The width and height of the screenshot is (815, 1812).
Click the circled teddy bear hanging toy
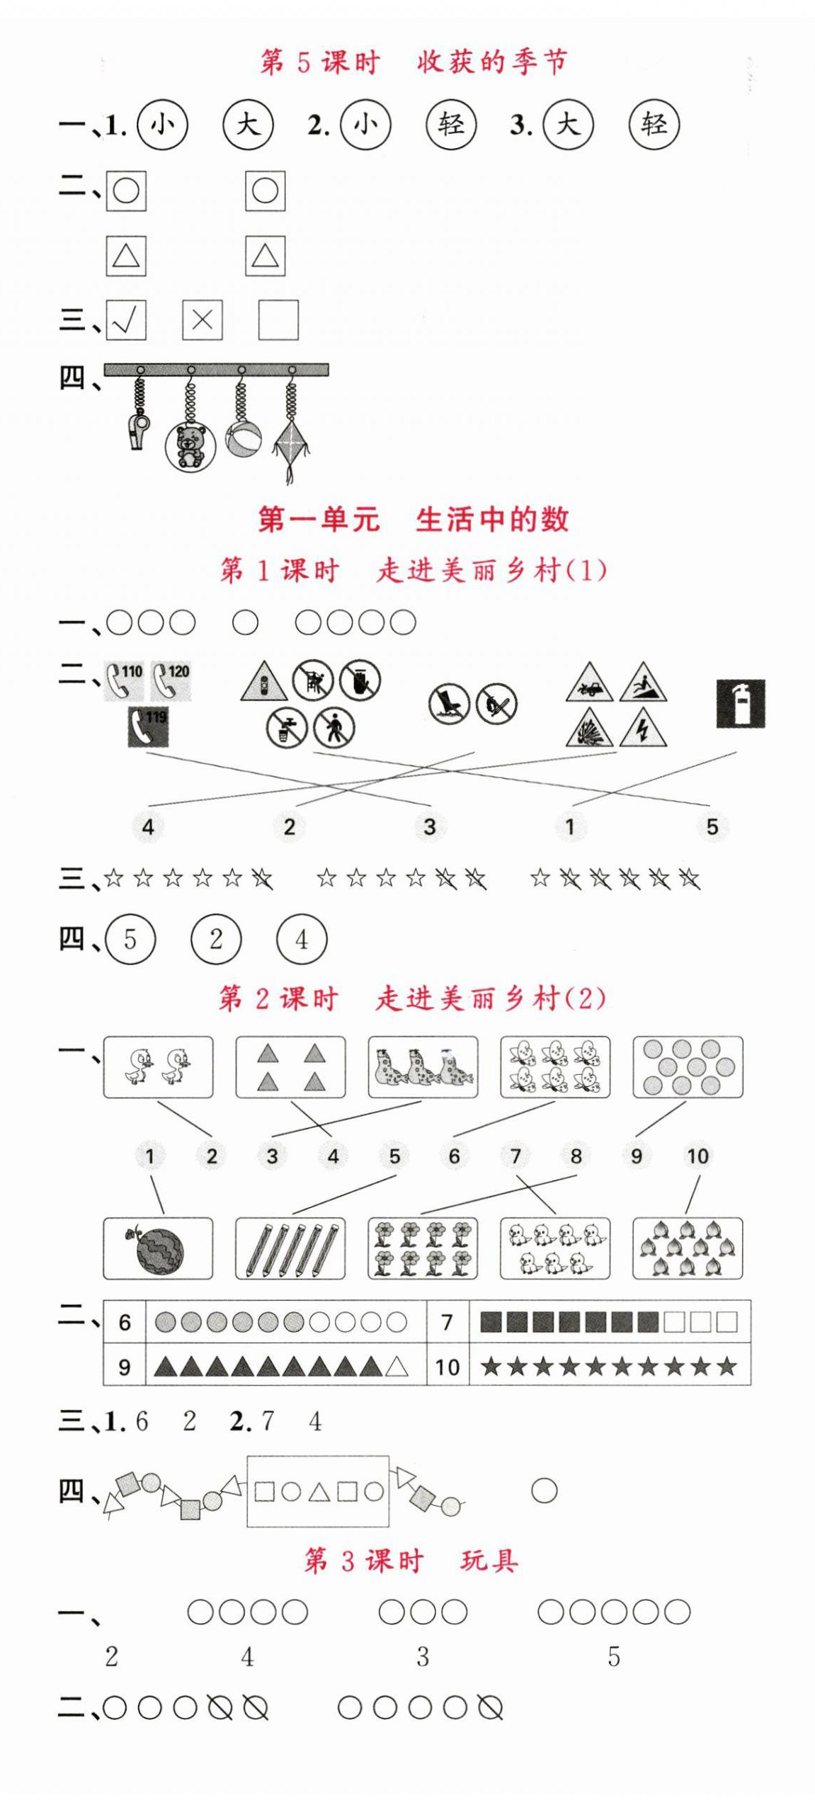189,445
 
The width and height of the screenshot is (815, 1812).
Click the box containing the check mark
126,320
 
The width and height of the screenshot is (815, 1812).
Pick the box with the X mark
202,320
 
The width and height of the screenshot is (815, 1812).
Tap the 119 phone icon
148,726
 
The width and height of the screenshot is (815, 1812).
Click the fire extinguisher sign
740,703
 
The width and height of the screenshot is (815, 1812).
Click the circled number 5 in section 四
130,940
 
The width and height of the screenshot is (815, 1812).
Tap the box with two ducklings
158,1067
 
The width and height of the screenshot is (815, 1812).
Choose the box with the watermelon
158,1248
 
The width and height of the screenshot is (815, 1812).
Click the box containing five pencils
290,1248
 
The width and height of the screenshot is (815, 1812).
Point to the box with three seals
423,1067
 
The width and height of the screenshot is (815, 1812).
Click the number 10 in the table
447,1366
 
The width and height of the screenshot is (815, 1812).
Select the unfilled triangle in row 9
397,1366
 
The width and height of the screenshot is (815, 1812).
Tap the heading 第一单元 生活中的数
413,519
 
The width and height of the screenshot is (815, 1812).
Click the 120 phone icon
171,680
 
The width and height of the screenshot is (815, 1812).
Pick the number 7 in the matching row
515,1156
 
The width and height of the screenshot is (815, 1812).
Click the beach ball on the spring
243,439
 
